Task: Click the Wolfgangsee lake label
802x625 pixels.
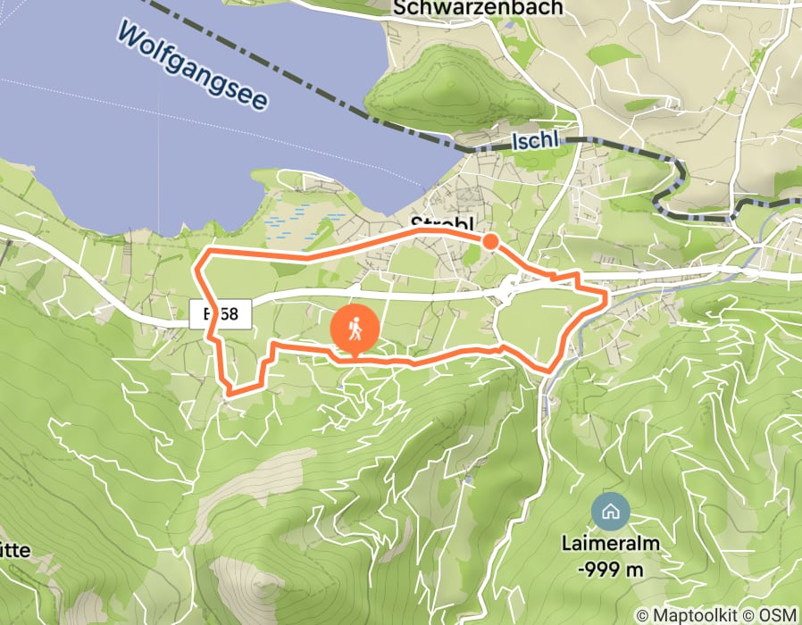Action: pos(191,67)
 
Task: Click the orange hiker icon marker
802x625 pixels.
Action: pos(355,329)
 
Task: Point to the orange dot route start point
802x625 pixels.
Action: pos(490,240)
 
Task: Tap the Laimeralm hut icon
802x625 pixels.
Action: pos(610,512)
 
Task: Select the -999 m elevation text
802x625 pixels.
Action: pos(610,568)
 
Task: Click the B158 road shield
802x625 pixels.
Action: pos(221,314)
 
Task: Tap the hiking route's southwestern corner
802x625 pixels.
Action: pos(230,391)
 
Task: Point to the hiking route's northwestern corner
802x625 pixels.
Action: pos(199,259)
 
